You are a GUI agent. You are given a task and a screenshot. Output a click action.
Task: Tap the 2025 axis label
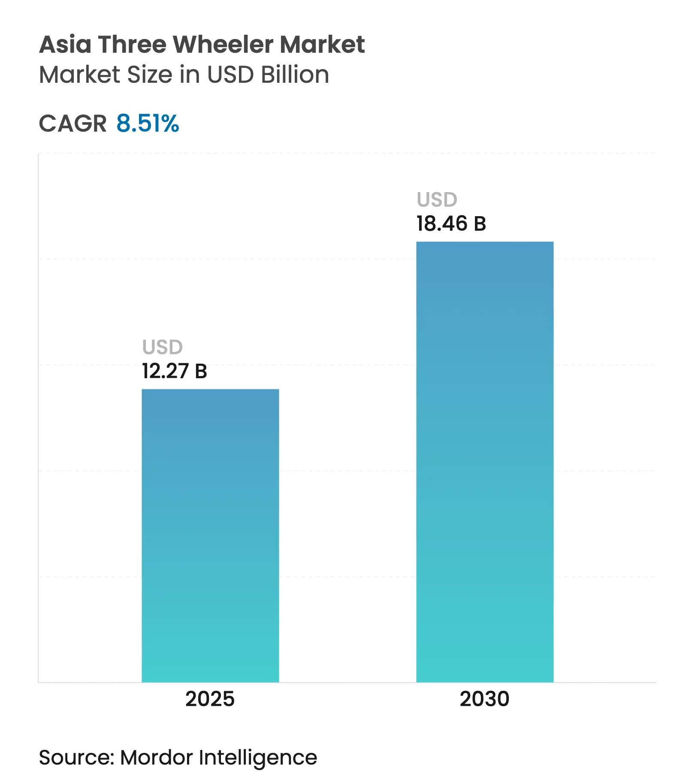(210, 699)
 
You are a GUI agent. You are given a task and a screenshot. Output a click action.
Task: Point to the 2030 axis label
(484, 699)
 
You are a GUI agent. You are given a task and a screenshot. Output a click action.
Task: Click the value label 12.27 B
(175, 371)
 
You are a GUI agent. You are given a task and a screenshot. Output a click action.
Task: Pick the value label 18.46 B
(451, 224)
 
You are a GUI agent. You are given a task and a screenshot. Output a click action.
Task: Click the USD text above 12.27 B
(163, 347)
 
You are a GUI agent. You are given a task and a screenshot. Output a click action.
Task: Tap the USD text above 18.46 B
(437, 200)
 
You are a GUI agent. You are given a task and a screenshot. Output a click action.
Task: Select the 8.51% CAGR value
(148, 124)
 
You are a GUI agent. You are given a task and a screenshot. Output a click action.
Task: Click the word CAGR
(73, 124)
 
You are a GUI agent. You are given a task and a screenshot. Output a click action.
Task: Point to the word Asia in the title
(65, 45)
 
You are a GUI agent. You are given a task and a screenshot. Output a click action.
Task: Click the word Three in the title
(132, 45)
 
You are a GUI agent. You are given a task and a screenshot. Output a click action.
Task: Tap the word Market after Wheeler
(322, 45)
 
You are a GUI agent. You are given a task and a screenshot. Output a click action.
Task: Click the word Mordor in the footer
(156, 758)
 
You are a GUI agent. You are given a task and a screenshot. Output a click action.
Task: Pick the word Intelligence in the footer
(258, 759)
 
